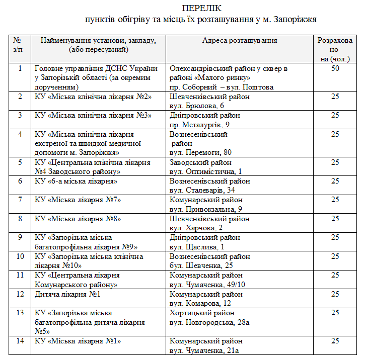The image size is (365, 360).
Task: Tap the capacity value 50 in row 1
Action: pyautogui.click(x=334, y=68)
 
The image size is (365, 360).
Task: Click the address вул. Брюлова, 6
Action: pyautogui.click(x=197, y=106)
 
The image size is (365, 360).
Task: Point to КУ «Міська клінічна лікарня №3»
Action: pyautogui.click(x=93, y=115)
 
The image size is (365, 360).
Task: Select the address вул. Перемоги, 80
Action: pyautogui.click(x=200, y=152)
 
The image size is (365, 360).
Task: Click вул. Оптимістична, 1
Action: pyautogui.click(x=205, y=171)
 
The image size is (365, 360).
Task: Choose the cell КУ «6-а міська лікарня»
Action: pyautogui.click(x=76, y=181)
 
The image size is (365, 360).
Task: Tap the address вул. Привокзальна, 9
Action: pyautogui.click(x=205, y=209)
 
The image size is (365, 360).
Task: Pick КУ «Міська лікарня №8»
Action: pyautogui.click(x=78, y=219)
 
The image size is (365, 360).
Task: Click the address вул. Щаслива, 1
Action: pyautogui.click(x=196, y=246)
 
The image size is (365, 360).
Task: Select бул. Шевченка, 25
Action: pyautogui.click(x=201, y=265)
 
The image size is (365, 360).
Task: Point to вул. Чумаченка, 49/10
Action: pyautogui.click(x=207, y=285)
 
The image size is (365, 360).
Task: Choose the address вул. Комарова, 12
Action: pyautogui.click(x=200, y=303)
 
